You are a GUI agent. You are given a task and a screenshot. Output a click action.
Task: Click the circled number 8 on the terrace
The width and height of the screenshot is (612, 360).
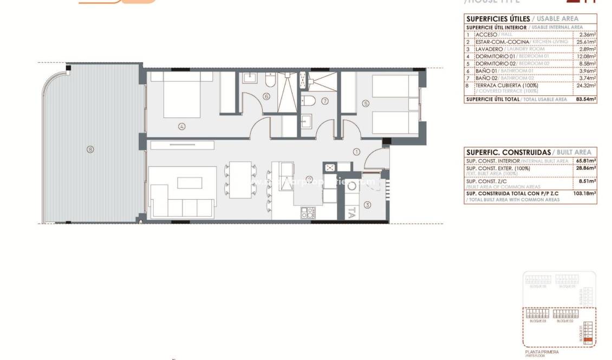click(90, 149)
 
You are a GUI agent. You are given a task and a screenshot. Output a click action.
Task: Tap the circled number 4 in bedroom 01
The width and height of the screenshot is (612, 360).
click(182, 127)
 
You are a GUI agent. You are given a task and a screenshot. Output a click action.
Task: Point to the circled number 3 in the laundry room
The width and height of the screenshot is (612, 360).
click(367, 205)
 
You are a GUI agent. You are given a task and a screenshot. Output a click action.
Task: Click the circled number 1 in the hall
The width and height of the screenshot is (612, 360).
click(356, 152)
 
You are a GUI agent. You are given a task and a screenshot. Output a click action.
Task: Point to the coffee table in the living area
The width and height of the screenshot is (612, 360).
click(189, 183)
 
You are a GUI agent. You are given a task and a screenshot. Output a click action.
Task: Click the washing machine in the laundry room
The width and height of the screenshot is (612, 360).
click(353, 187)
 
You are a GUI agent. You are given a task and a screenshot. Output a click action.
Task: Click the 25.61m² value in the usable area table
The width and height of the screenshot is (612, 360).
click(585, 42)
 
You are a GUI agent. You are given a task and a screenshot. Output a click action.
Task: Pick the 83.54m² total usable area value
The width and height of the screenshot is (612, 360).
click(585, 100)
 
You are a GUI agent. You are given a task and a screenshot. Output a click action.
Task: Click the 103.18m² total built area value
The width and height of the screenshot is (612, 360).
click(585, 193)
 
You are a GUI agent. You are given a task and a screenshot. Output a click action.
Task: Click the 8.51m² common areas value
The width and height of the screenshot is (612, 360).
click(588, 181)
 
